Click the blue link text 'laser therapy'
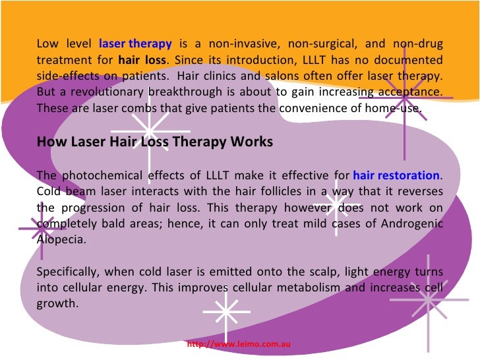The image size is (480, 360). pyautogui.click(x=135, y=44)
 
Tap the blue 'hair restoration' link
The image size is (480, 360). pyautogui.click(x=396, y=175)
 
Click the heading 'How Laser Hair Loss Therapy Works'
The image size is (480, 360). pyautogui.click(x=155, y=142)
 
